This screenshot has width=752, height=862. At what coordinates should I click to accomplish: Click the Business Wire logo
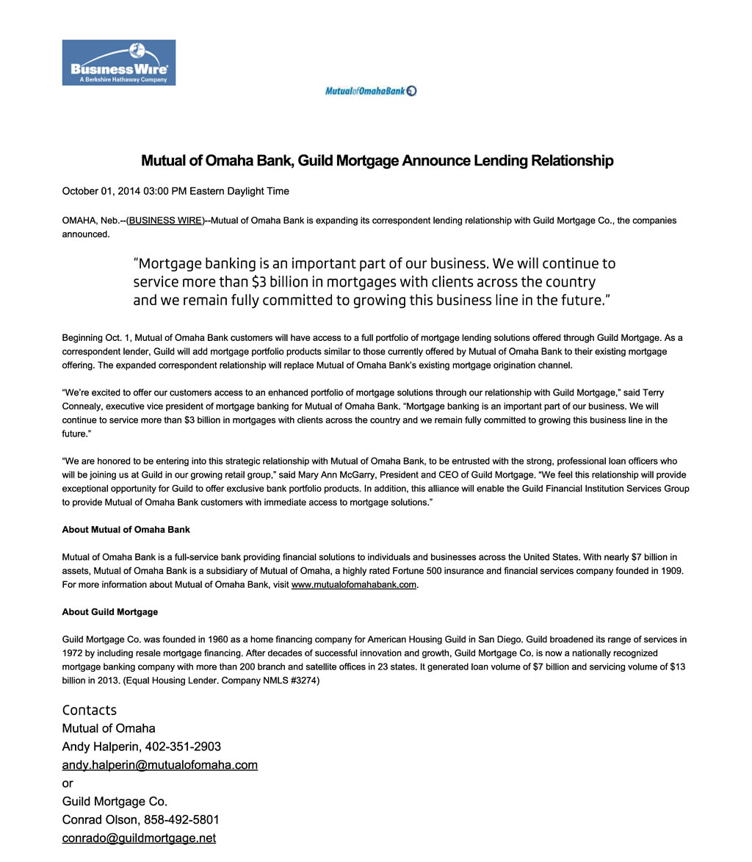pos(118,62)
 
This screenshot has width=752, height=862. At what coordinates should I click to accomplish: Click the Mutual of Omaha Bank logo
pos(370,90)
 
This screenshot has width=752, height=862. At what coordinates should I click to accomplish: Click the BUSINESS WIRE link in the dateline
pos(165,220)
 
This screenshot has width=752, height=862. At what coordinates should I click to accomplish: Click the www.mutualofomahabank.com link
pos(354,585)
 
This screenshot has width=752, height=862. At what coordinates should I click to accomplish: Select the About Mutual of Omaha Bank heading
pos(126,530)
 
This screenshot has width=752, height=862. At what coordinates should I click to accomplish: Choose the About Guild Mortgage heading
pos(110,612)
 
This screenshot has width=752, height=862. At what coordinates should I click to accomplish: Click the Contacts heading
pos(89,710)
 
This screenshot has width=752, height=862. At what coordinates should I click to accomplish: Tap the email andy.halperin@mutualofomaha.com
pos(159,765)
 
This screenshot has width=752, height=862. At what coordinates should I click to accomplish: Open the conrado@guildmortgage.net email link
pos(139,838)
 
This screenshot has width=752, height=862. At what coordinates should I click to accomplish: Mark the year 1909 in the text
pos(671,571)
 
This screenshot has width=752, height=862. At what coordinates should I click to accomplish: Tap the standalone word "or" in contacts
pos(68,783)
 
